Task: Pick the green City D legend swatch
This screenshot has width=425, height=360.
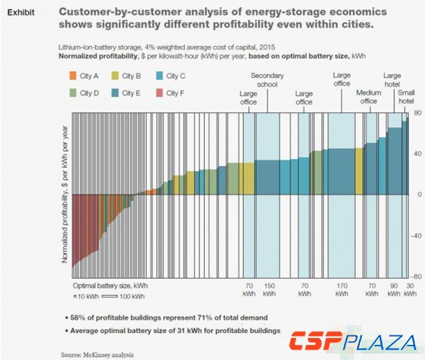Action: pos(73,93)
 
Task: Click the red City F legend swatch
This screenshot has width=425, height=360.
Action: pos(159,93)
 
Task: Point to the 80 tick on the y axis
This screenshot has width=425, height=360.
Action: pos(417,112)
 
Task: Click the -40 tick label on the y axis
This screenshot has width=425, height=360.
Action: pos(415,235)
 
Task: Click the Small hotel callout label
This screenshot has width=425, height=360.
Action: pos(406,97)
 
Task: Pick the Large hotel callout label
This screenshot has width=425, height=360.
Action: pos(392,80)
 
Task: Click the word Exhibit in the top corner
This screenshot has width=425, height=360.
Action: pos(21,12)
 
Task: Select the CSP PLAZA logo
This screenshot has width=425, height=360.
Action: pos(352,341)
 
